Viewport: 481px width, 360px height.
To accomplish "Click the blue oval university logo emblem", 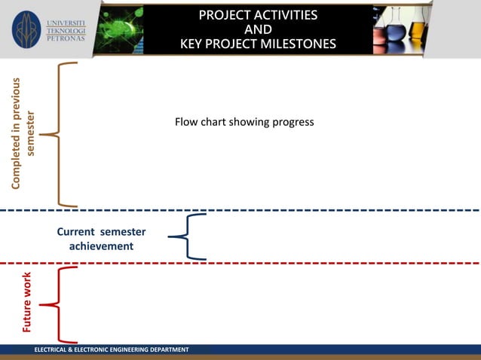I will tap(27, 29).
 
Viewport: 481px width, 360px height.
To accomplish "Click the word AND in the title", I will tap(258, 29).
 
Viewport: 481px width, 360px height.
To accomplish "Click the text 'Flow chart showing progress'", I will tap(244, 122).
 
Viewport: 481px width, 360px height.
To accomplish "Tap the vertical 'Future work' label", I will tap(27, 302).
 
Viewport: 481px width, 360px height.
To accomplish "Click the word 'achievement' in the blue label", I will tap(101, 246).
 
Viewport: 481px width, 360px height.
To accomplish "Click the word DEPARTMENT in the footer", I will tap(165, 350).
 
